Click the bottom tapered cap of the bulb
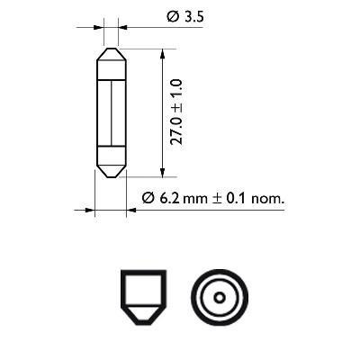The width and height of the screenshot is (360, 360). point(109,167)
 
